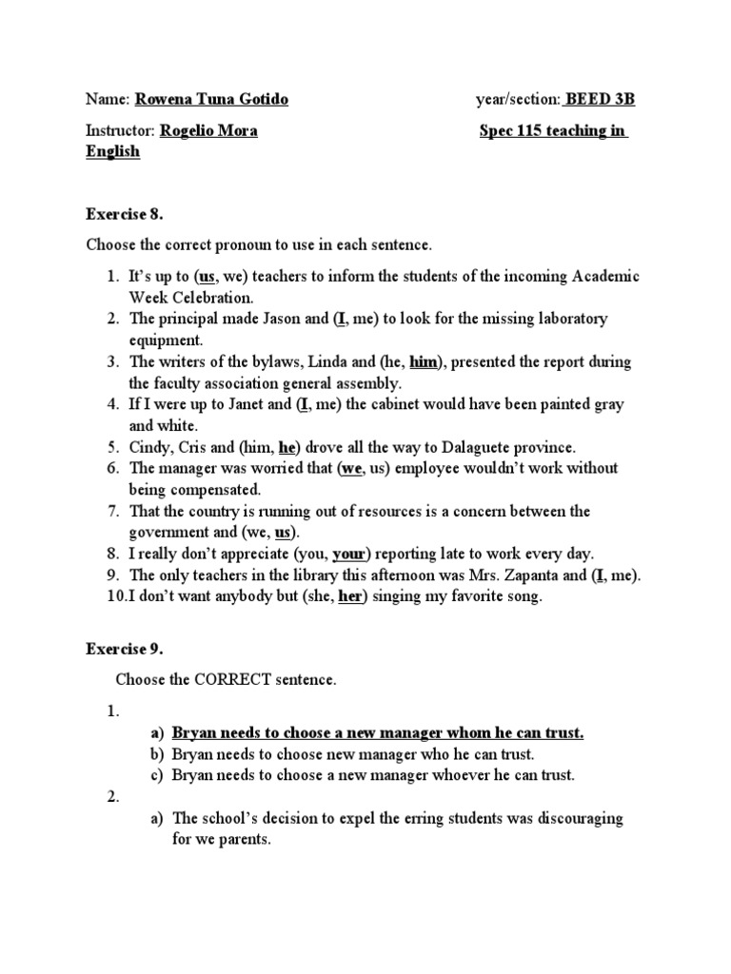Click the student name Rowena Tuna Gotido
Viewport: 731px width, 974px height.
(211, 100)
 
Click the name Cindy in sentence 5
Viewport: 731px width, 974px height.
(149, 447)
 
